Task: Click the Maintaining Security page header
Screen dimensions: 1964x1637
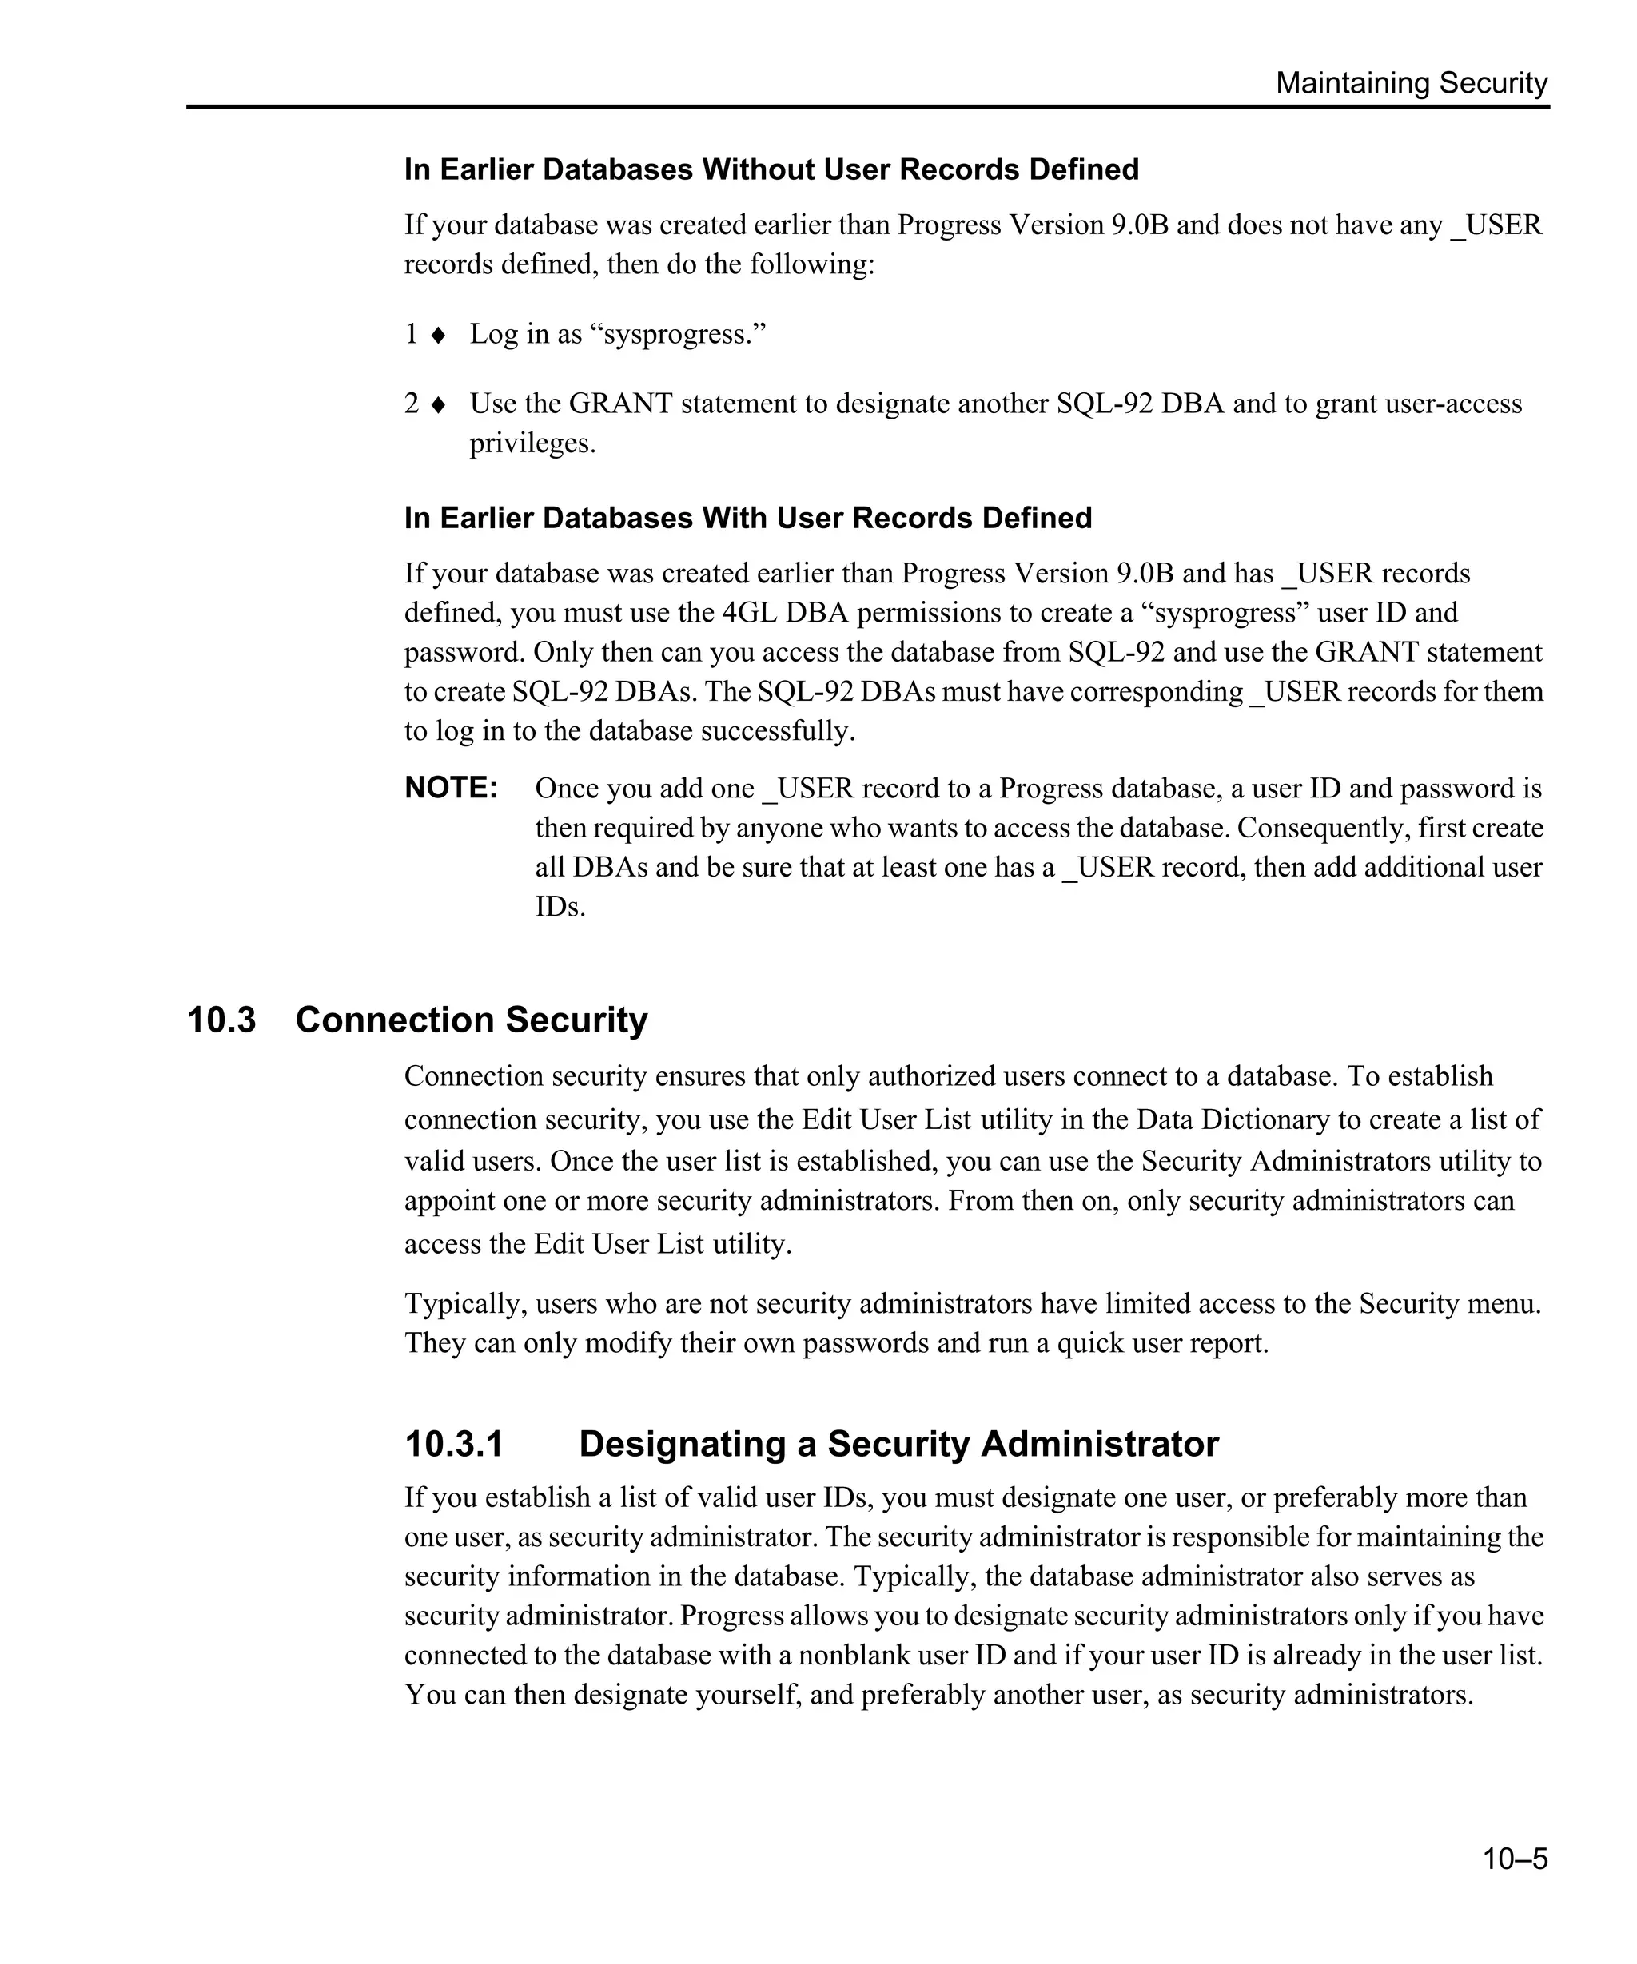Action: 1411,83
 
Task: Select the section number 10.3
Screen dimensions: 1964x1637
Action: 221,1020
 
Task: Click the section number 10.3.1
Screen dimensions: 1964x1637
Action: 454,1444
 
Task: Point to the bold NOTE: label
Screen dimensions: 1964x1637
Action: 451,788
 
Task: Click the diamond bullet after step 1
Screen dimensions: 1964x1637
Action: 438,335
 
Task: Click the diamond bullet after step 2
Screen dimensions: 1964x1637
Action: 438,405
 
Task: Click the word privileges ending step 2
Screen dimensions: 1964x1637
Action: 532,443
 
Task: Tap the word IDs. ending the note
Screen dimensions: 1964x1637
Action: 560,906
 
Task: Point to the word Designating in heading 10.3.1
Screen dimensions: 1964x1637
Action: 682,1444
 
